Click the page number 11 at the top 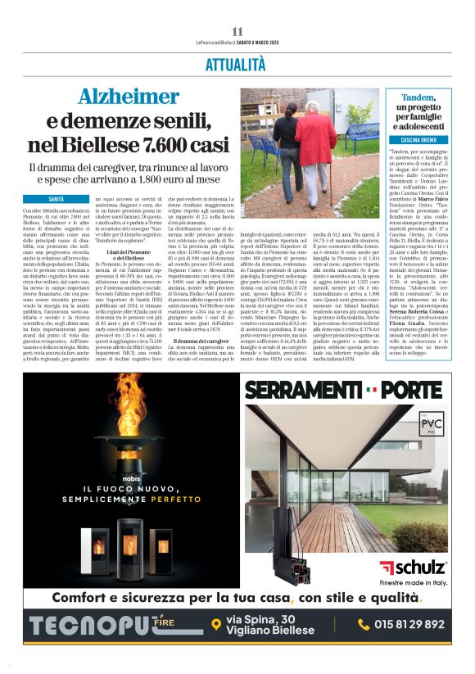(x=237, y=31)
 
